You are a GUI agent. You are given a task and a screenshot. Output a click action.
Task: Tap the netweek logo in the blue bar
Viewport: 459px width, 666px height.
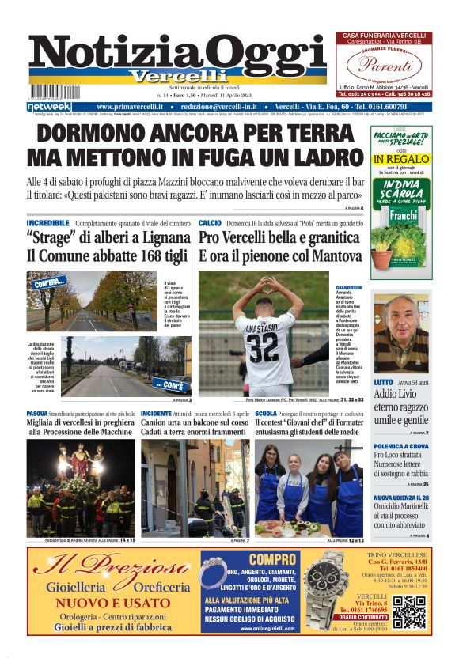pos(49,106)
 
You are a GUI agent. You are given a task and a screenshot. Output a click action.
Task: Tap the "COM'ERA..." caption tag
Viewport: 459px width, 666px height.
pos(49,282)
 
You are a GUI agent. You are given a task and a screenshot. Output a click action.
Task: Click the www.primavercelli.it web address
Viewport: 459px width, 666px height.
pos(131,106)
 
